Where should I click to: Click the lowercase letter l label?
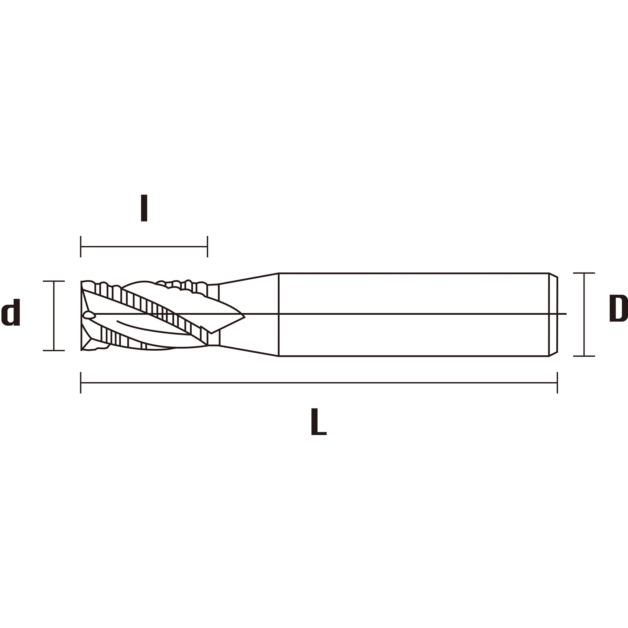[144, 208]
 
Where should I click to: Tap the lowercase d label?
[11, 312]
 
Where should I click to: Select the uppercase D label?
[618, 308]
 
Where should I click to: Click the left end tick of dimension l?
[81, 247]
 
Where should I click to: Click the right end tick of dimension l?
[207, 247]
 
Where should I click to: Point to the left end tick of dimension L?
[81, 382]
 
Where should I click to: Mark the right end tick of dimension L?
[557, 382]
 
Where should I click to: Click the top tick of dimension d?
[54, 281]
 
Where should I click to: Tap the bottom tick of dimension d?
[54, 351]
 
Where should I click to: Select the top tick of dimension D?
[584, 273]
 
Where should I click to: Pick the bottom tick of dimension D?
[584, 356]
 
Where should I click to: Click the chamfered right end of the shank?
[553, 314]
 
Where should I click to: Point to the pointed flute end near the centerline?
[244, 317]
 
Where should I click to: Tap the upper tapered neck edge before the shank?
[248, 278]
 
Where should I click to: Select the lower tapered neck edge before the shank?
[248, 351]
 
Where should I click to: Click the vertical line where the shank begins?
[278, 314]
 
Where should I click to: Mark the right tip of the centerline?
[566, 314]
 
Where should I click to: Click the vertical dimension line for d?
[54, 316]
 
